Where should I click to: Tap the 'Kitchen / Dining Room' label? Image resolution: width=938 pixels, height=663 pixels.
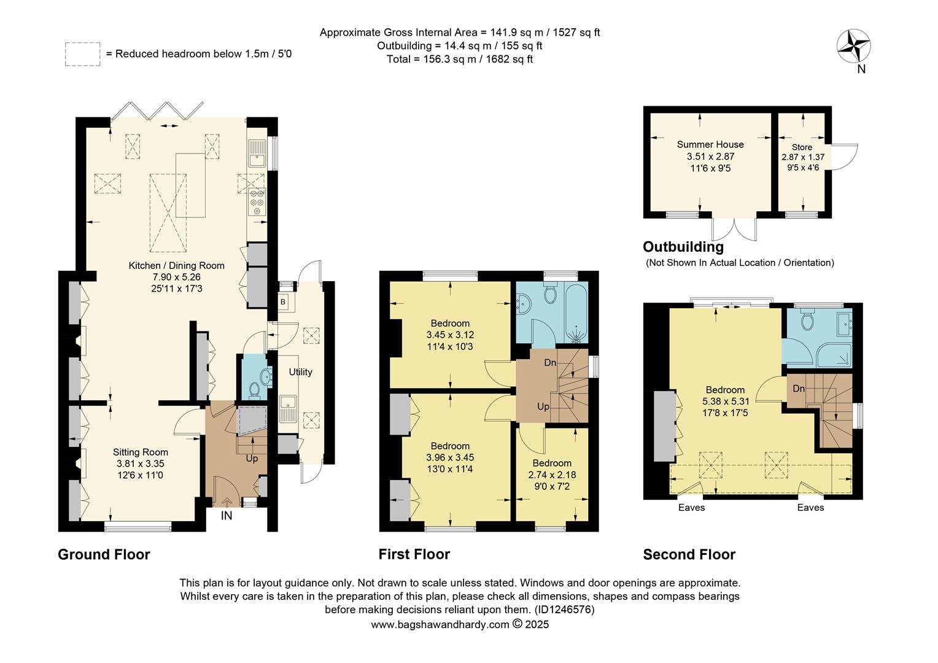tap(176, 266)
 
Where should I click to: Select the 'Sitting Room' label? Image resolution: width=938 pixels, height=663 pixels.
tap(140, 452)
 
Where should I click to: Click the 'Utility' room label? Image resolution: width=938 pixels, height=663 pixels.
tap(300, 372)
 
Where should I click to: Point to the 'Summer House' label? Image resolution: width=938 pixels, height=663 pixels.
tap(710, 144)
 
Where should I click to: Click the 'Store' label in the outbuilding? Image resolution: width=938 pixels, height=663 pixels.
tap(802, 147)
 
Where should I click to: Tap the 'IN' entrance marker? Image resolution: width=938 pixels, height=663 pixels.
tap(227, 516)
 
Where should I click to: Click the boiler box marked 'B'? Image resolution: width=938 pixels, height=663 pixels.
tap(283, 302)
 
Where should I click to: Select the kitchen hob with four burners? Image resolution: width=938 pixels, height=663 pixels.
tap(257, 203)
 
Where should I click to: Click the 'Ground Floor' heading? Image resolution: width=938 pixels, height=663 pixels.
tap(104, 554)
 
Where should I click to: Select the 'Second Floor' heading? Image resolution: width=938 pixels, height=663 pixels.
tap(689, 554)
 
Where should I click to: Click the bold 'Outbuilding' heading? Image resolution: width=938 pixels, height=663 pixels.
tap(683, 247)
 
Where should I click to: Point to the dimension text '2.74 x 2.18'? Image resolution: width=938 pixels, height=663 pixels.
tap(552, 475)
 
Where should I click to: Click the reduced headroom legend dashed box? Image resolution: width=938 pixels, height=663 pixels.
tap(82, 53)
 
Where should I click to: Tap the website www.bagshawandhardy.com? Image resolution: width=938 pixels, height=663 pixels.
tap(440, 624)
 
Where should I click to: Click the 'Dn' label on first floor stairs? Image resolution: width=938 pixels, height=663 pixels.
tap(551, 363)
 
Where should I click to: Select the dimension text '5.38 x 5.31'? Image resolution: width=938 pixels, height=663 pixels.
tap(725, 401)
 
